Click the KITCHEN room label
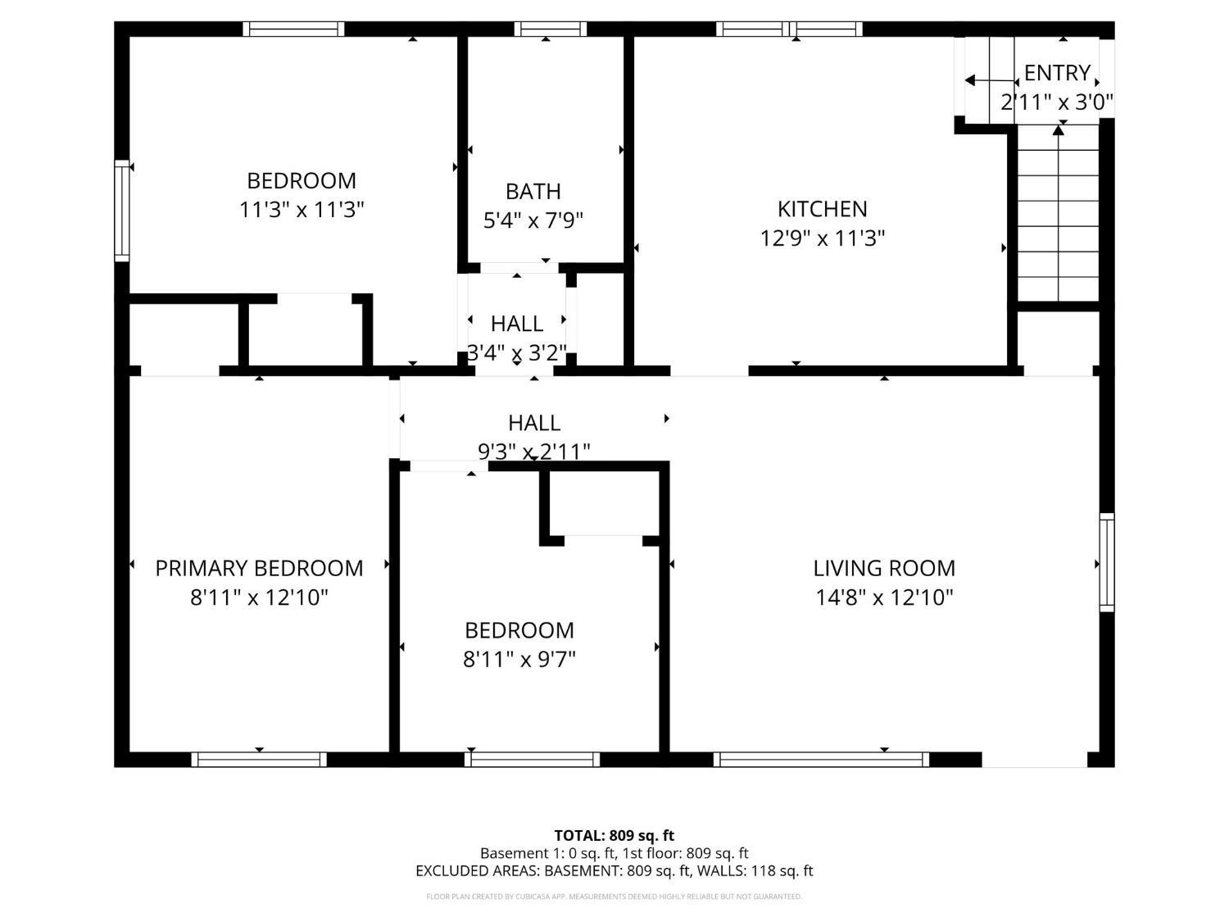pyautogui.click(x=822, y=209)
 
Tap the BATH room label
pyautogui.click(x=533, y=192)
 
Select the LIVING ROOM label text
pyautogui.click(x=883, y=568)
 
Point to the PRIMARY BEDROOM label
pyautogui.click(x=259, y=568)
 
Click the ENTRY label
pyautogui.click(x=1057, y=73)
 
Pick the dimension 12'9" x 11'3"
pyautogui.click(x=822, y=238)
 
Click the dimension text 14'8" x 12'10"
pyautogui.click(x=883, y=598)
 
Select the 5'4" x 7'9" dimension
pyautogui.click(x=533, y=220)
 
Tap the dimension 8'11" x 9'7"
pyautogui.click(x=519, y=660)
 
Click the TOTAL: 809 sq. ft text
pyautogui.click(x=614, y=835)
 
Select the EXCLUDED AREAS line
pyautogui.click(x=614, y=870)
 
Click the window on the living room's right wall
pyautogui.click(x=1106, y=562)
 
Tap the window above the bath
pyautogui.click(x=550, y=30)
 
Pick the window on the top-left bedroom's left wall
pyautogui.click(x=122, y=211)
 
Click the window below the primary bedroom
pyautogui.click(x=259, y=759)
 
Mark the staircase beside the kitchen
pyautogui.click(x=1058, y=213)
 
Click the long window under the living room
pyautogui.click(x=821, y=759)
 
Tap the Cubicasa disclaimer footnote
pyautogui.click(x=614, y=897)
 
